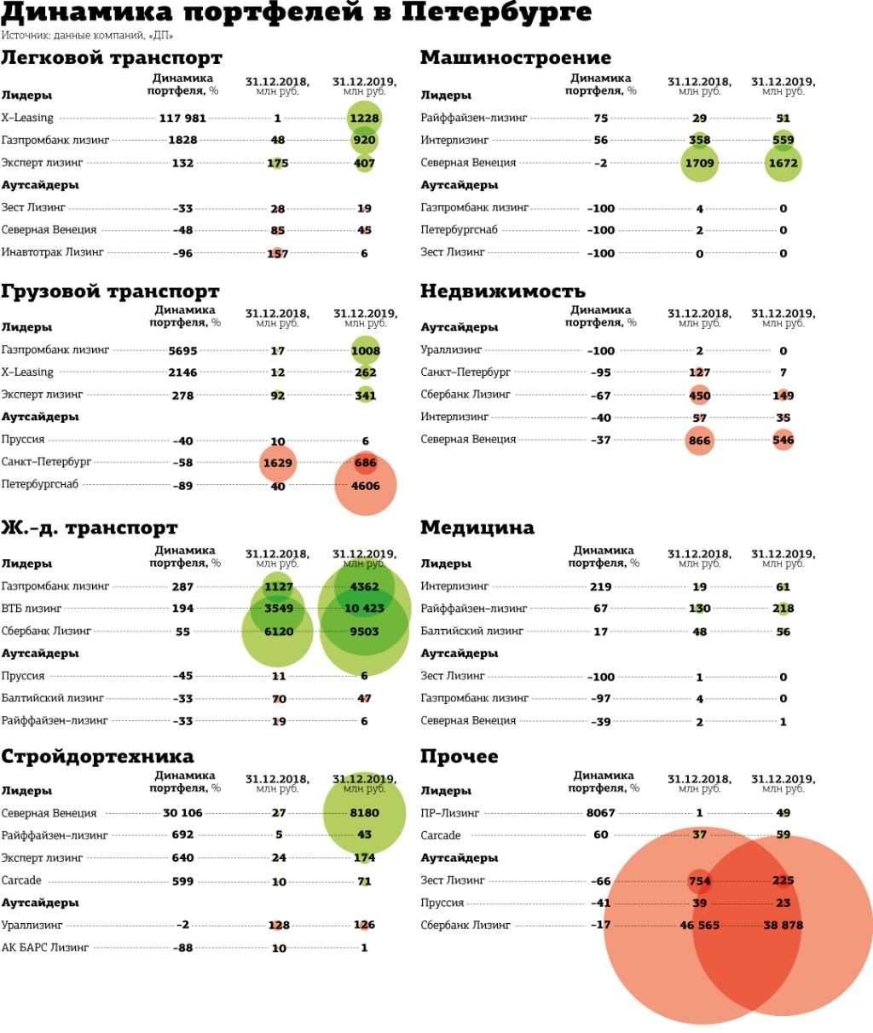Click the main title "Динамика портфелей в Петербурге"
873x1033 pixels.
(x=296, y=14)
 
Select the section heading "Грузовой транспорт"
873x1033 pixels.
(x=110, y=291)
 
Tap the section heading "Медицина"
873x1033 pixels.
(x=477, y=528)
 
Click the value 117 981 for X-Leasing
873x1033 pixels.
(x=182, y=118)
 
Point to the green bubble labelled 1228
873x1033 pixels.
(x=364, y=118)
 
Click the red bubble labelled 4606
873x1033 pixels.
(x=365, y=486)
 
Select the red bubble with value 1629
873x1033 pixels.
(x=278, y=463)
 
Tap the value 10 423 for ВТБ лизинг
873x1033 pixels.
(x=364, y=609)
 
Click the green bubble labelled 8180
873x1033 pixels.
(x=364, y=813)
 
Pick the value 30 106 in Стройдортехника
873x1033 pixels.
(x=182, y=813)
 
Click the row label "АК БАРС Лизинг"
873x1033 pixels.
(x=44, y=948)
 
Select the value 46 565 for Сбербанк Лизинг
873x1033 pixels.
(x=699, y=926)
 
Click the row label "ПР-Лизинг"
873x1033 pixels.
(x=450, y=813)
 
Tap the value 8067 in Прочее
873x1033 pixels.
(x=600, y=813)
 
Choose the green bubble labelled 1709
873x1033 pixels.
(x=699, y=163)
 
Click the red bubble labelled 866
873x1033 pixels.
(x=699, y=441)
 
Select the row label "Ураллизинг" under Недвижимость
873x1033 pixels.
(x=451, y=350)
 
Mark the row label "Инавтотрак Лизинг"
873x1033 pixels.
(x=52, y=252)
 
